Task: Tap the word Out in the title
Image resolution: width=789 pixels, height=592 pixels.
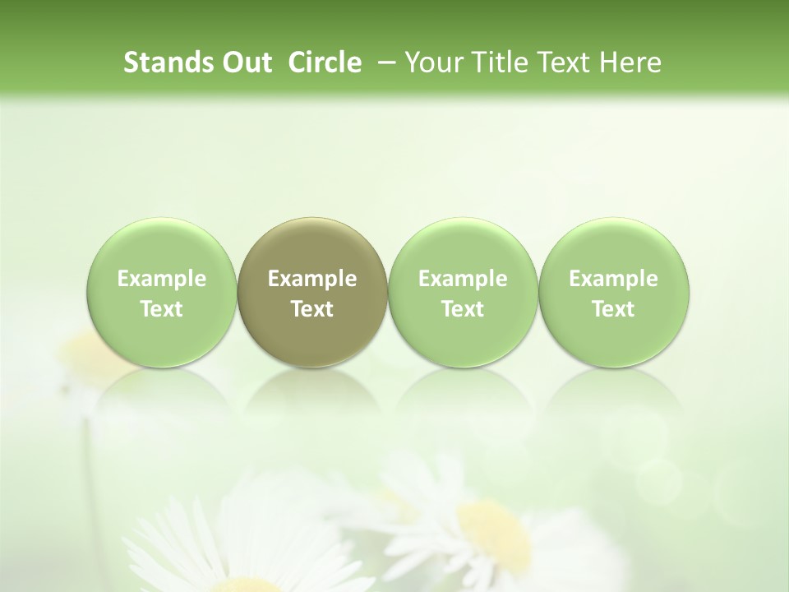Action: point(244,62)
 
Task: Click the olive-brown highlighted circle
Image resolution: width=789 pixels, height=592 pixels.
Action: point(312,293)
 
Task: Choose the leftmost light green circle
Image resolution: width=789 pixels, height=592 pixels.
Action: point(162,293)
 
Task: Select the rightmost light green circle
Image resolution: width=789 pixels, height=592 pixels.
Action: point(613,293)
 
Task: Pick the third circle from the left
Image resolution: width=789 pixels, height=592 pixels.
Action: point(463,293)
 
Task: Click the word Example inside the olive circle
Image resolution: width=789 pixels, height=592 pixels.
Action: point(312,280)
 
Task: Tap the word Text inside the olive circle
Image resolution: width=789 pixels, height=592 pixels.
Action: point(312,309)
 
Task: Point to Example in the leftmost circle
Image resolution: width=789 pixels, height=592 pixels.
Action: point(162,280)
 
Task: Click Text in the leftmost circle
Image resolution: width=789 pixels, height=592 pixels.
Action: point(162,309)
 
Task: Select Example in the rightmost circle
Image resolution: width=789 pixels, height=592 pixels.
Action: point(613,280)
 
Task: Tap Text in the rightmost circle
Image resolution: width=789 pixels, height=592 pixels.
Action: point(613,309)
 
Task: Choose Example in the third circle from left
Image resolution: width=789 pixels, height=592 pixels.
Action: point(463,280)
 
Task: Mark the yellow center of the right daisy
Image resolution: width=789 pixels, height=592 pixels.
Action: point(493,527)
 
